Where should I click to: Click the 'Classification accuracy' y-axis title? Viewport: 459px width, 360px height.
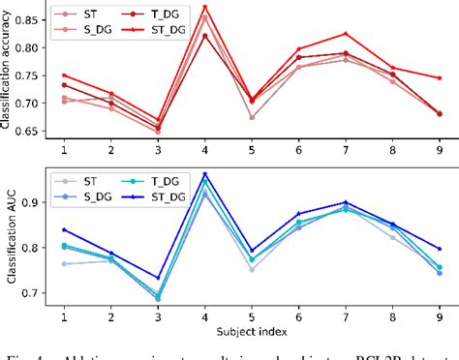tap(9, 70)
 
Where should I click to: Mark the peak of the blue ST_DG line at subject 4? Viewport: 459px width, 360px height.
tap(204, 174)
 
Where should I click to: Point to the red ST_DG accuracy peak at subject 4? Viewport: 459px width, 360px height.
tap(204, 7)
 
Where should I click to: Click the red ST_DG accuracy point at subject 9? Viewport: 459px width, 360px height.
tap(439, 78)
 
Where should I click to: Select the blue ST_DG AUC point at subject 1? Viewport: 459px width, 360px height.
tap(65, 229)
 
